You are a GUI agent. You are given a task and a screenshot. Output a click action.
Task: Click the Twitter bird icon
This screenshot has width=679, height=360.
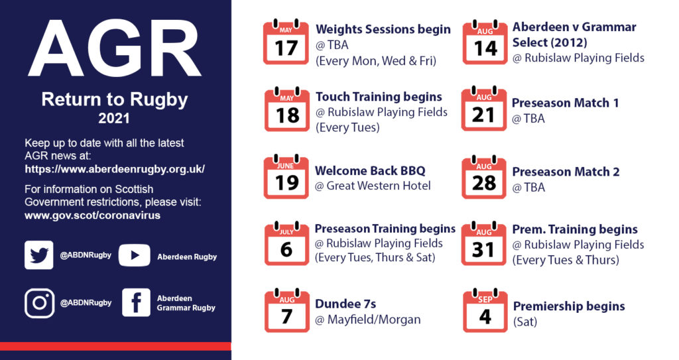[x=39, y=255]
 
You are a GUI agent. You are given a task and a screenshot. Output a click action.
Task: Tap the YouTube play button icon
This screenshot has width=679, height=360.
[x=134, y=255]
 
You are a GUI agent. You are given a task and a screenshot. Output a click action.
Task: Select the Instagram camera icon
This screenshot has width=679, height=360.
[x=39, y=303]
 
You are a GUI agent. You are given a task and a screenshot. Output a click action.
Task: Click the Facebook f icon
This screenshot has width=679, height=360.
[x=136, y=302]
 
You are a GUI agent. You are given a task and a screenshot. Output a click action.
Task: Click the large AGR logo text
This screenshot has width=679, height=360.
[x=115, y=48]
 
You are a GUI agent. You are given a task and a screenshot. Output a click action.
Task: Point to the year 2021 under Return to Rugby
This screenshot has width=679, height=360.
[x=114, y=118]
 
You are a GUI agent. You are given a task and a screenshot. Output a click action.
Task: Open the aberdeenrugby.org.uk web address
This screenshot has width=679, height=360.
[x=115, y=169]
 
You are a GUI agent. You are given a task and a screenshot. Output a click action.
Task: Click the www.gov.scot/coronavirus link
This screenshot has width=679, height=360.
[x=92, y=215]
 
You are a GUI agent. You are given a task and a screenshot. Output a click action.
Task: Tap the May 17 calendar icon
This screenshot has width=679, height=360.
[x=286, y=42]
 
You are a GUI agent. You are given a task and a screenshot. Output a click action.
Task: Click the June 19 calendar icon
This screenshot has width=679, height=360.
[x=286, y=177]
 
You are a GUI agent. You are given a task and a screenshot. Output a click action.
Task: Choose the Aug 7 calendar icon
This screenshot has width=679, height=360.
[x=286, y=311]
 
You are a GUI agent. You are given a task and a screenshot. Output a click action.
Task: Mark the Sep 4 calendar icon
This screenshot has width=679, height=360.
[x=485, y=310]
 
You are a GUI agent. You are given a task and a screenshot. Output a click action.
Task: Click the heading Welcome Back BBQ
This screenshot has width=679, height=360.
[x=370, y=170]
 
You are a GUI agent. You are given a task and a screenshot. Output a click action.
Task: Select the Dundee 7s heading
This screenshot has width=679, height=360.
[x=345, y=304]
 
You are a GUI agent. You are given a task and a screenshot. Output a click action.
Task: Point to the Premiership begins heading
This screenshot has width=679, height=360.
[x=569, y=307]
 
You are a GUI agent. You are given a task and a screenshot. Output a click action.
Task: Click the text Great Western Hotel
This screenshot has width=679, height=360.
[x=379, y=186]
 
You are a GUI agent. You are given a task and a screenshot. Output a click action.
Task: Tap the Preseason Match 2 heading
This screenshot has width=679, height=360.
[x=566, y=172]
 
